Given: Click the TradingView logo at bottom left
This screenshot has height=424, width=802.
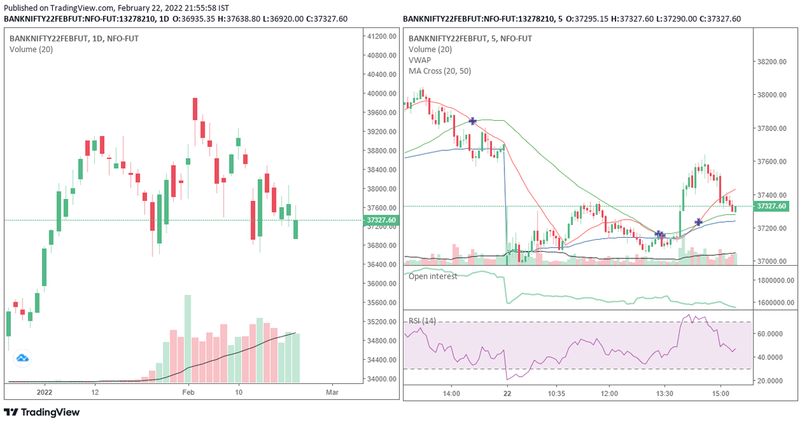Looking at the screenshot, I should (42, 412).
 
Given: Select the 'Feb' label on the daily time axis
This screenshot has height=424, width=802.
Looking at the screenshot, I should (187, 393).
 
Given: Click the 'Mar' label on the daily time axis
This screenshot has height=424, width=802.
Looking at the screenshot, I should (330, 393).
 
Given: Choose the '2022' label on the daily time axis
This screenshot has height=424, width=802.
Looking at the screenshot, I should (45, 393).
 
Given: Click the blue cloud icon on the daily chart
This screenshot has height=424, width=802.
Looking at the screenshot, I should (23, 359).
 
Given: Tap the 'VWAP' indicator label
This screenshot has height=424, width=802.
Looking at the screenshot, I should (420, 60).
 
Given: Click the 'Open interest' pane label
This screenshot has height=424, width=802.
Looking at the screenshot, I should (433, 276).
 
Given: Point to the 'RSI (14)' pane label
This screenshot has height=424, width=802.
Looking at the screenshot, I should (422, 321).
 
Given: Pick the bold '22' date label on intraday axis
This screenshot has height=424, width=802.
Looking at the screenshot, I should (507, 393).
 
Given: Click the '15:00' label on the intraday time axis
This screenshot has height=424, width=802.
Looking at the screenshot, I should (720, 393).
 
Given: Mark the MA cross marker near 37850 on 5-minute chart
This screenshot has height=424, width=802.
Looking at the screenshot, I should (473, 121).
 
